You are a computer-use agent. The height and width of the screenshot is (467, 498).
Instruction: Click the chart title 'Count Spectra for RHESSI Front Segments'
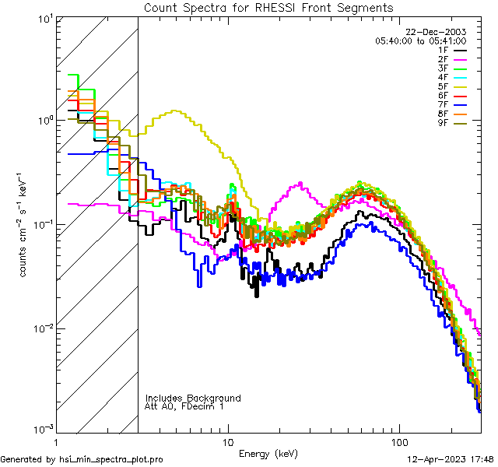(268, 7)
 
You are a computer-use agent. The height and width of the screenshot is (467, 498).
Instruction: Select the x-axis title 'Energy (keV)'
(268, 454)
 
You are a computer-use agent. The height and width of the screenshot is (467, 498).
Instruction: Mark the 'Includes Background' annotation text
(193, 398)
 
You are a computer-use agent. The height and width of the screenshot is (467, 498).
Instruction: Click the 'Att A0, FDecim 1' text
(184, 406)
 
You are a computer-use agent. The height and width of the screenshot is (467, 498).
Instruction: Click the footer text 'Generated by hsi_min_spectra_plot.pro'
(82, 459)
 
